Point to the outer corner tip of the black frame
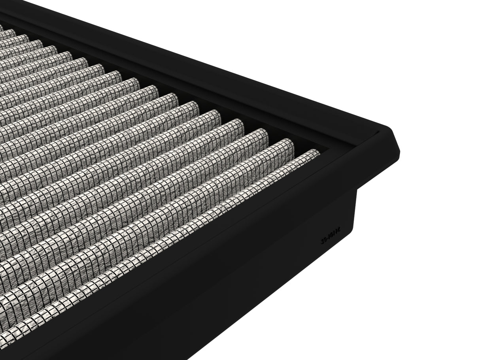pyautogui.click(x=399, y=151)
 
